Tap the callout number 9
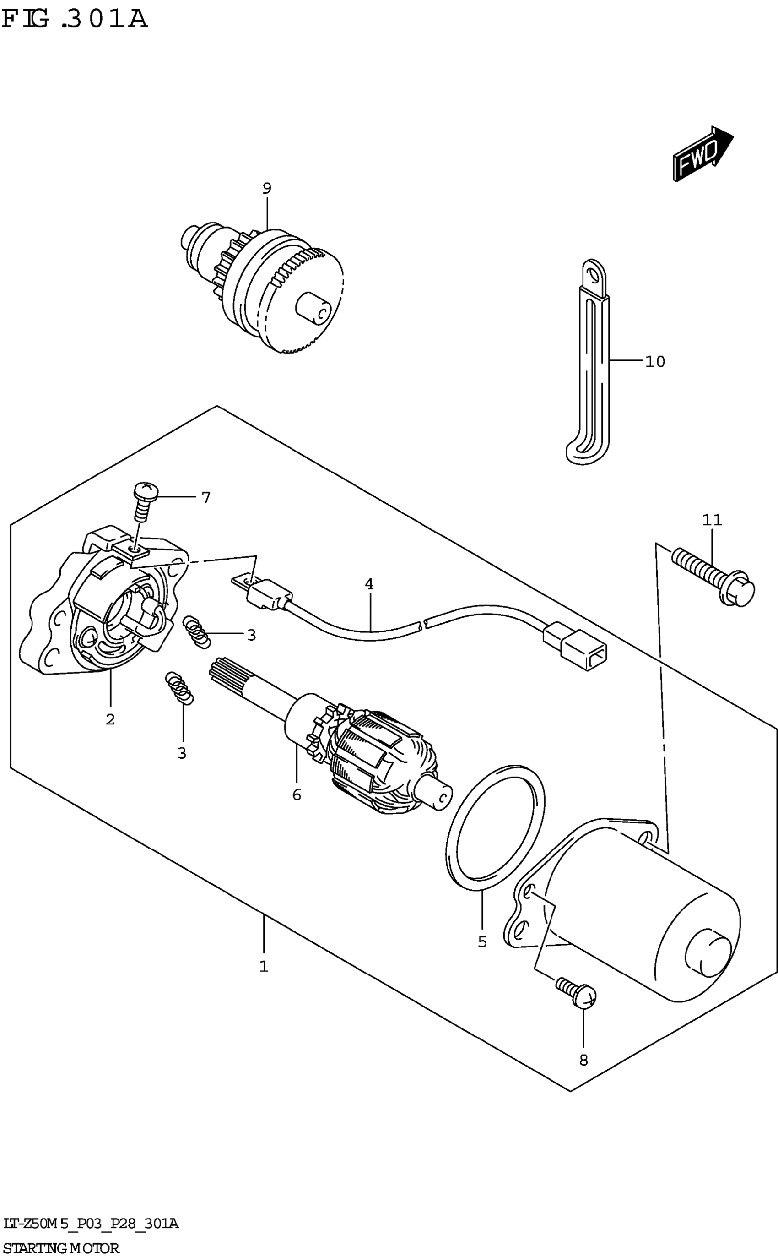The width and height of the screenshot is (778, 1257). [266, 188]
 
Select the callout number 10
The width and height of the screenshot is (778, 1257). [655, 362]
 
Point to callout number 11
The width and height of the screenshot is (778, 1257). [712, 520]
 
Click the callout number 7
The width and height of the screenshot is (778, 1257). [206, 498]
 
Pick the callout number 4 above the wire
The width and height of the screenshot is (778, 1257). [369, 584]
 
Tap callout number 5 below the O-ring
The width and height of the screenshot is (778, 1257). [482, 942]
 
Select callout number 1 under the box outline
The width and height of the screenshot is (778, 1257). [264, 967]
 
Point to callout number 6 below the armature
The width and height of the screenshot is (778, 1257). [297, 795]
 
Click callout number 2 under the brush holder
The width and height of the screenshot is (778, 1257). [110, 719]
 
